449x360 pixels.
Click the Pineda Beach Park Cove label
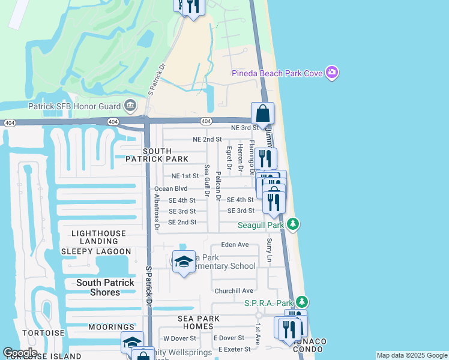[x=277, y=73]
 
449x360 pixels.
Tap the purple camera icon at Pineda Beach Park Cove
[x=332, y=73]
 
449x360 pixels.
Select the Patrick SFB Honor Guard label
[x=75, y=107]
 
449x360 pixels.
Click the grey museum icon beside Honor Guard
[x=130, y=107]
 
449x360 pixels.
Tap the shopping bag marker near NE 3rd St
[x=263, y=113]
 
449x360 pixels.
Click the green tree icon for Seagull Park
[x=293, y=224]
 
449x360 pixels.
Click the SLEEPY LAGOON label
[x=96, y=251]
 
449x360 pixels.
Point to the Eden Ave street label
[x=235, y=245]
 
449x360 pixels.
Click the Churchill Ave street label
[x=234, y=291]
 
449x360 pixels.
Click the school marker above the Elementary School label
[x=184, y=262]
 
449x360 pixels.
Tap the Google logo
[x=20, y=353]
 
